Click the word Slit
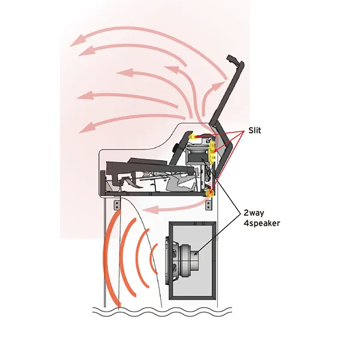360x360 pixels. click(x=254, y=130)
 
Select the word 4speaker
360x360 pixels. click(x=262, y=223)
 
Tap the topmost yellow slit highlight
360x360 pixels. click(x=193, y=137)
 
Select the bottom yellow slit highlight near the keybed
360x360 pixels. click(x=210, y=194)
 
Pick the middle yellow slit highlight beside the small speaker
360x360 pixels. click(x=212, y=152)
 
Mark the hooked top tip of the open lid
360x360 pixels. click(x=232, y=58)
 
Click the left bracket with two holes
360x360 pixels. click(x=117, y=205)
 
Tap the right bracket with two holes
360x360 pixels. click(x=209, y=205)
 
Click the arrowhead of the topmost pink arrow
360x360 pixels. click(x=77, y=41)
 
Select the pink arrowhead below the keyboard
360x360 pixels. click(x=151, y=209)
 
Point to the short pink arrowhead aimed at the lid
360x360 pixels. click(x=217, y=86)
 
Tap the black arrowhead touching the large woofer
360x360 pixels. click(x=196, y=253)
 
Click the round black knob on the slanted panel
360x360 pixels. click(x=176, y=148)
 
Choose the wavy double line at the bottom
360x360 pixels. click(x=162, y=312)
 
